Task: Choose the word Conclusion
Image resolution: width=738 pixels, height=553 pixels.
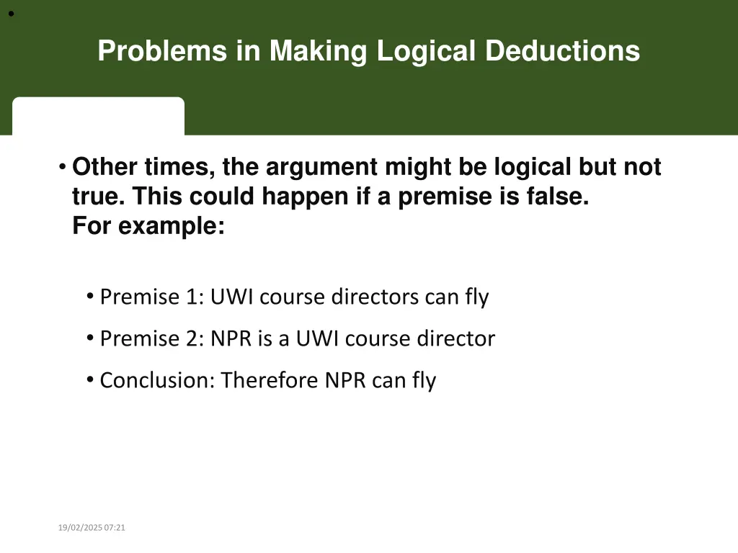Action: (x=156, y=380)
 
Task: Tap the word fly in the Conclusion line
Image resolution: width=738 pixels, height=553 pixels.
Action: (x=424, y=380)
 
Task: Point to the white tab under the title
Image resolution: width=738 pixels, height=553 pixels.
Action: (x=98, y=116)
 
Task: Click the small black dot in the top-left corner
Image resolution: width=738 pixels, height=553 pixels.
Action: (x=12, y=14)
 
